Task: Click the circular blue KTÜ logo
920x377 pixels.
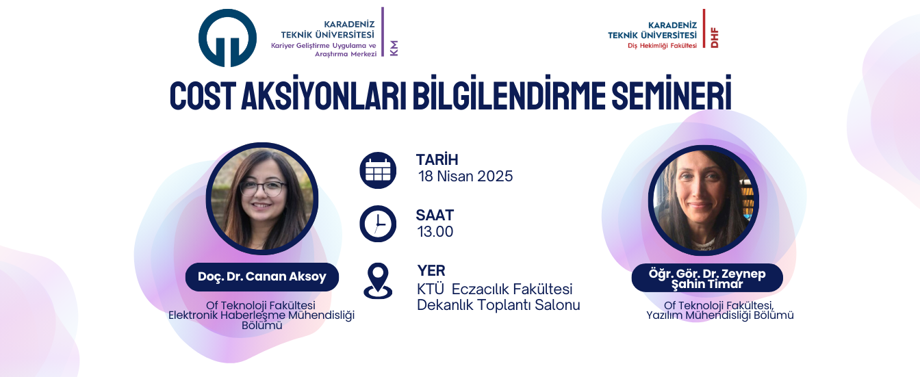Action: pos(227,38)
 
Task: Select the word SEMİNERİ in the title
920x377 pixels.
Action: pos(672,93)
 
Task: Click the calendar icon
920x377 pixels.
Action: pos(378,170)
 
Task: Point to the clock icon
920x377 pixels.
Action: pos(378,224)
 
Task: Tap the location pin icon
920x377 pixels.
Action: pos(378,281)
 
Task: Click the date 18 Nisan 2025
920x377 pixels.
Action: pos(465,176)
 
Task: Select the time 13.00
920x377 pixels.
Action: pos(435,232)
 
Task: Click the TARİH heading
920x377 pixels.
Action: pos(437,159)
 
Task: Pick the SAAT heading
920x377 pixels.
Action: pos(435,216)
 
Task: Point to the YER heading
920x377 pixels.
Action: pos(431,271)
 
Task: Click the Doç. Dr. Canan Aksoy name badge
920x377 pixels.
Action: pos(262,277)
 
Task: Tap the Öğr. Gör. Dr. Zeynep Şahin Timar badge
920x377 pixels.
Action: pos(707,278)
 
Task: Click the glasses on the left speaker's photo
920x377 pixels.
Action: pos(264,189)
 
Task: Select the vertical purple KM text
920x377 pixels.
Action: pos(394,48)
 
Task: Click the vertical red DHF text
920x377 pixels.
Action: pos(714,38)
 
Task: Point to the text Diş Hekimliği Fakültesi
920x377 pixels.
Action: pos(662,46)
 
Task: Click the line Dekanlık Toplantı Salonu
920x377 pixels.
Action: pos(498,305)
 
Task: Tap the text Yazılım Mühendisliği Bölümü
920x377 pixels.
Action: pos(720,315)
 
